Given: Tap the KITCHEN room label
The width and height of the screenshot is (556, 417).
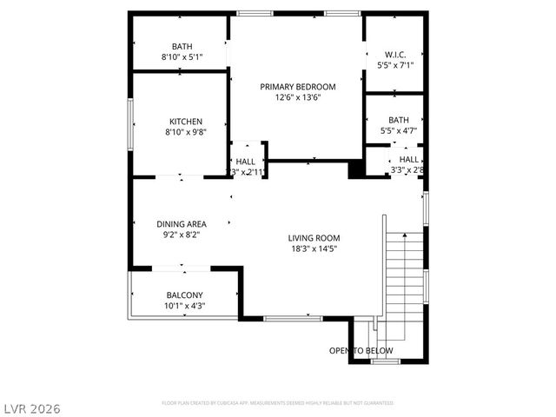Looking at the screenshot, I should pyautogui.click(x=185, y=122).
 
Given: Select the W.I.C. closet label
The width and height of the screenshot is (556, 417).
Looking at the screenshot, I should pyautogui.click(x=395, y=53).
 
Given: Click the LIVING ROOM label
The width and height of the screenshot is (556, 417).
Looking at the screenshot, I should pyautogui.click(x=314, y=237).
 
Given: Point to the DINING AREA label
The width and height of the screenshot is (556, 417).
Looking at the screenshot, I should pyautogui.click(x=182, y=223).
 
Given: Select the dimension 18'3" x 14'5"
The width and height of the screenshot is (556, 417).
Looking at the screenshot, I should pyautogui.click(x=314, y=248).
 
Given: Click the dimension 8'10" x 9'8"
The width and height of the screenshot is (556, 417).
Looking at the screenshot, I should pyautogui.click(x=185, y=133).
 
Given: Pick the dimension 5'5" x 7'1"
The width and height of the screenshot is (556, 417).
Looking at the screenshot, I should pyautogui.click(x=395, y=65).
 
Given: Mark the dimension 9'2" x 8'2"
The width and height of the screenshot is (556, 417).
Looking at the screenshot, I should pyautogui.click(x=182, y=235).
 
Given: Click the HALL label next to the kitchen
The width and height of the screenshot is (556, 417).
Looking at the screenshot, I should pyautogui.click(x=246, y=162).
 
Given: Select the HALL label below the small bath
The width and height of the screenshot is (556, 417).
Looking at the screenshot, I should pyautogui.click(x=409, y=159).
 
